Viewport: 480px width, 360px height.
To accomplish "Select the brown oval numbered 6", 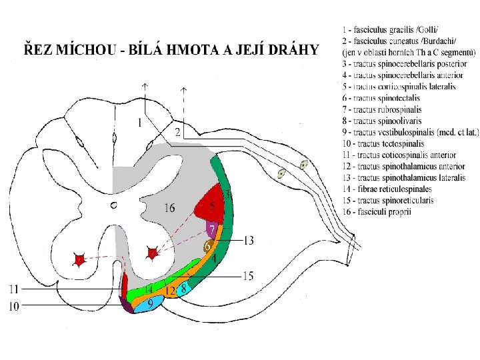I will [207, 247].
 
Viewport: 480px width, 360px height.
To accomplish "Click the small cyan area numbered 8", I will [183, 289].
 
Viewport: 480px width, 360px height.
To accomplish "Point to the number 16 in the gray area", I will [170, 209].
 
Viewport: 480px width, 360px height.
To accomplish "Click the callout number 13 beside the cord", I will [248, 240].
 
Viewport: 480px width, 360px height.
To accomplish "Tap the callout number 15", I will [248, 275].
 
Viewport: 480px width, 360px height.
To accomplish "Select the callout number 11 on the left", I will [14, 289].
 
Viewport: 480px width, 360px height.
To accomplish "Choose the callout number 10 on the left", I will [14, 307].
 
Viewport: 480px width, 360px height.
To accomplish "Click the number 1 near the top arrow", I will [139, 123].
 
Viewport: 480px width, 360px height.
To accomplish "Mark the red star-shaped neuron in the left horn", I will [79, 260].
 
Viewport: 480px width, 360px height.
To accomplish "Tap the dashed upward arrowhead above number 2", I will [184, 89].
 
